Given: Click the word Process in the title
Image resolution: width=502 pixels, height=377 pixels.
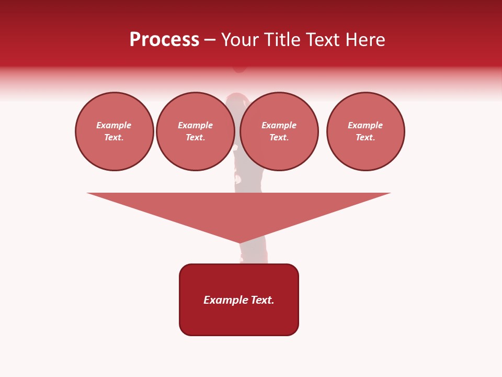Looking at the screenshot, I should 164,40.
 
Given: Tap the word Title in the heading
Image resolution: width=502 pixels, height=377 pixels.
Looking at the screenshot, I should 281,40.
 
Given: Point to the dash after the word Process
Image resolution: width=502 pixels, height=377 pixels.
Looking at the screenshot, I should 210,40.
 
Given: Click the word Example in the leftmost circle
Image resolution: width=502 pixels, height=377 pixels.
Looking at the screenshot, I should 114,125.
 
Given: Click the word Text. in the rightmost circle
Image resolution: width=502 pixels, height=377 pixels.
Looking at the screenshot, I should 366,137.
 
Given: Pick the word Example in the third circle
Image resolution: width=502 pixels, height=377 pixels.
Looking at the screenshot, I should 279,125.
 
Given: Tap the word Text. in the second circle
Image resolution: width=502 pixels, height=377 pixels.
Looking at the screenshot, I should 196,137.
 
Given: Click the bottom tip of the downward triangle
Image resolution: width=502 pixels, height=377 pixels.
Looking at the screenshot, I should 239,242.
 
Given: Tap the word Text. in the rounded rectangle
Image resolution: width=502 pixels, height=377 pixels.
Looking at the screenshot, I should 263,300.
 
